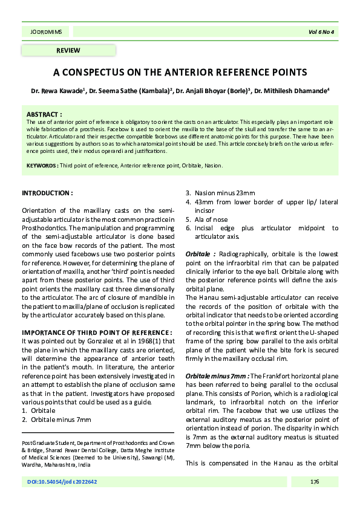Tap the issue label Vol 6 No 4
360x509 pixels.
(321, 31)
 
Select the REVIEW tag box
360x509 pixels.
(68, 50)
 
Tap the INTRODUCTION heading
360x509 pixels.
(47, 193)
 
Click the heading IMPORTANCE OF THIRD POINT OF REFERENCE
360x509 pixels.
(97, 333)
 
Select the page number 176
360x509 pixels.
(314, 482)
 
